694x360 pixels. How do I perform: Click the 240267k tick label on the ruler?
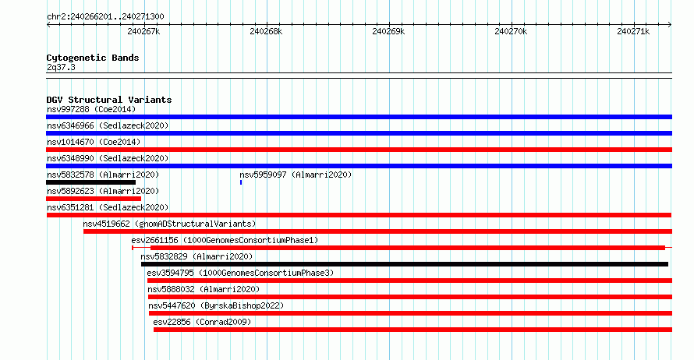pyautogui.click(x=143, y=31)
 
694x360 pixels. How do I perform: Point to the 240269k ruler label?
pyautogui.click(x=388, y=31)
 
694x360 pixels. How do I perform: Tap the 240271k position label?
pyautogui.click(x=633, y=31)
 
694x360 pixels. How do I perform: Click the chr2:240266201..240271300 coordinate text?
pyautogui.click(x=105, y=17)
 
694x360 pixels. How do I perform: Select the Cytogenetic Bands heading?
pyautogui.click(x=93, y=58)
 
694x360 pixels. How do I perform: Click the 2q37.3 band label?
pyautogui.click(x=61, y=67)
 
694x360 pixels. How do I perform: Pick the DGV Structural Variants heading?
pyautogui.click(x=109, y=100)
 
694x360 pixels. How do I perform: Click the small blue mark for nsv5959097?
pyautogui.click(x=241, y=182)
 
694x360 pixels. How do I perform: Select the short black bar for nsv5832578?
pyautogui.click(x=90, y=182)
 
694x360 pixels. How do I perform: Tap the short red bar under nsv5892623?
pyautogui.click(x=94, y=199)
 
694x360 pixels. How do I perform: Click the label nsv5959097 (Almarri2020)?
pyautogui.click(x=296, y=175)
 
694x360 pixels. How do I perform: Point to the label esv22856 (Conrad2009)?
pyautogui.click(x=202, y=322)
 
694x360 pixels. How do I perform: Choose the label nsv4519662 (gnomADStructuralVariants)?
pyautogui.click(x=169, y=224)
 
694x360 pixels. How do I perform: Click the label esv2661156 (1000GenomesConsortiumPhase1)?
pyautogui.click(x=225, y=240)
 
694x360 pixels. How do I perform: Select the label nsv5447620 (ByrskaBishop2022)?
pyautogui.click(x=216, y=305)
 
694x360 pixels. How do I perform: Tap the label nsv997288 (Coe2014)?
pyautogui.click(x=91, y=109)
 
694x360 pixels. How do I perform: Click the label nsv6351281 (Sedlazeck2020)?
pyautogui.click(x=108, y=207)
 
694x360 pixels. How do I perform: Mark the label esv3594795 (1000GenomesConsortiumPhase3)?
pyautogui.click(x=240, y=273)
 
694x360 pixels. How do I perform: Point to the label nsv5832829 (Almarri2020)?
pyautogui.click(x=197, y=256)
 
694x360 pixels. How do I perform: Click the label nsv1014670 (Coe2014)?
pyautogui.click(x=94, y=142)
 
